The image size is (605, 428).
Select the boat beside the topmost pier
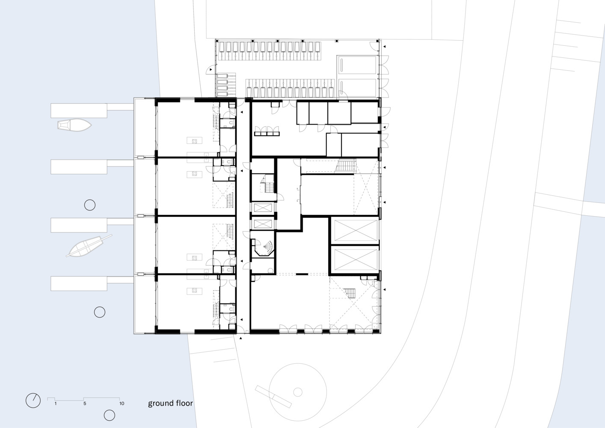click(x=74, y=125)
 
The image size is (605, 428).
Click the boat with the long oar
click(x=89, y=246)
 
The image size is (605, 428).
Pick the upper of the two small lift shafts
click(x=263, y=208)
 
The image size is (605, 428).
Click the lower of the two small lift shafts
click(x=263, y=224)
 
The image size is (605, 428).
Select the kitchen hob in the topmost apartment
click(x=194, y=141)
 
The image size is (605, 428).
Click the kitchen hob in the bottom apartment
click(x=194, y=291)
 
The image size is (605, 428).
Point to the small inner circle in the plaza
click(x=298, y=392)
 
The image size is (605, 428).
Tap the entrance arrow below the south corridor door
click(x=241, y=338)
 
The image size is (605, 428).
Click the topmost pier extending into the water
click(x=92, y=110)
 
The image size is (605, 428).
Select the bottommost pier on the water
click(x=92, y=283)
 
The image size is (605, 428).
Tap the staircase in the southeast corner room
click(x=350, y=293)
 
